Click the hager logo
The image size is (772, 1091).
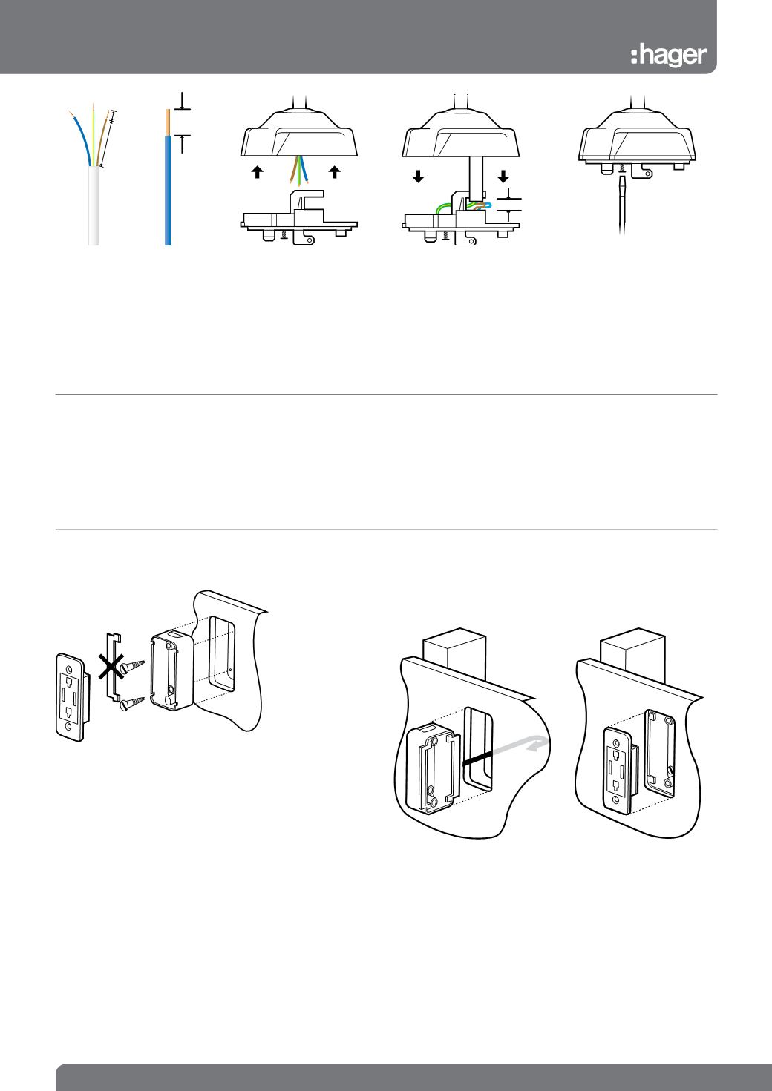click(x=668, y=56)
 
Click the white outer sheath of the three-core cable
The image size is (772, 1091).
click(x=94, y=205)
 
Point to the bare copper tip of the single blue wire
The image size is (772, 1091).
click(x=169, y=122)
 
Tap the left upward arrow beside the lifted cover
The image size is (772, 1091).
click(x=258, y=172)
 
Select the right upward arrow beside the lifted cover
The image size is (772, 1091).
click(x=334, y=172)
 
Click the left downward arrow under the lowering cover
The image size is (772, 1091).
click(x=418, y=177)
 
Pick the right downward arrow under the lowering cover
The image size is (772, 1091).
click(x=503, y=176)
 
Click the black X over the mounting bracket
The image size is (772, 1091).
click(x=111, y=667)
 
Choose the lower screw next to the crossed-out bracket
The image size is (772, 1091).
click(x=133, y=703)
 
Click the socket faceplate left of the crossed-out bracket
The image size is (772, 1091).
click(x=71, y=697)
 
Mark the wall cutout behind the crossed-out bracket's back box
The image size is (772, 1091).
click(x=222, y=654)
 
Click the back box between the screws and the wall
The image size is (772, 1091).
click(x=172, y=672)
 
